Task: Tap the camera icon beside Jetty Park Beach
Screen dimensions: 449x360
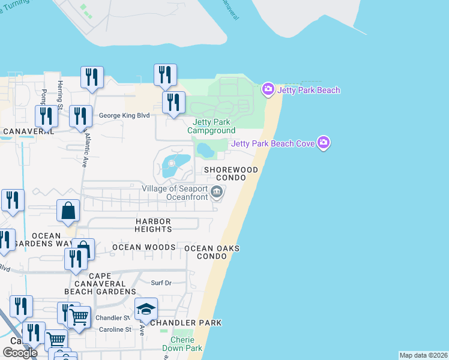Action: pyautogui.click(x=268, y=90)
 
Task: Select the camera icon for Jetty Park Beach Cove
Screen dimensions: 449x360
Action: pyautogui.click(x=324, y=143)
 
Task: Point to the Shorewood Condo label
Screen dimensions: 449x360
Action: pyautogui.click(x=231, y=174)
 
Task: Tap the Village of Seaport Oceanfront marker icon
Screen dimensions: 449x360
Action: pyautogui.click(x=217, y=193)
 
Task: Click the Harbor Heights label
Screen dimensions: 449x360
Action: pyautogui.click(x=154, y=225)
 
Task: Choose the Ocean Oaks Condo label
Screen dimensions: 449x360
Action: pyautogui.click(x=212, y=252)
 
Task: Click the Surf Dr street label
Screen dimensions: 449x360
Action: pyautogui.click(x=161, y=283)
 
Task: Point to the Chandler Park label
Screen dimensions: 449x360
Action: pyautogui.click(x=185, y=323)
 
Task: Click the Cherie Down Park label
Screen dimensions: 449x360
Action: pyautogui.click(x=186, y=344)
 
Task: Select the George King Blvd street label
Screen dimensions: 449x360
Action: pyautogui.click(x=124, y=116)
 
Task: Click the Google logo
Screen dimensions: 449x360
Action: pyautogui.click(x=20, y=352)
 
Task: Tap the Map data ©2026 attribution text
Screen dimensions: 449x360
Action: pyautogui.click(x=423, y=355)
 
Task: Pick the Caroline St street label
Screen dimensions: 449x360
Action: pyautogui.click(x=115, y=329)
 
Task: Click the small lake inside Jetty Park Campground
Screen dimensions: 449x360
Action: pyautogui.click(x=205, y=148)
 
